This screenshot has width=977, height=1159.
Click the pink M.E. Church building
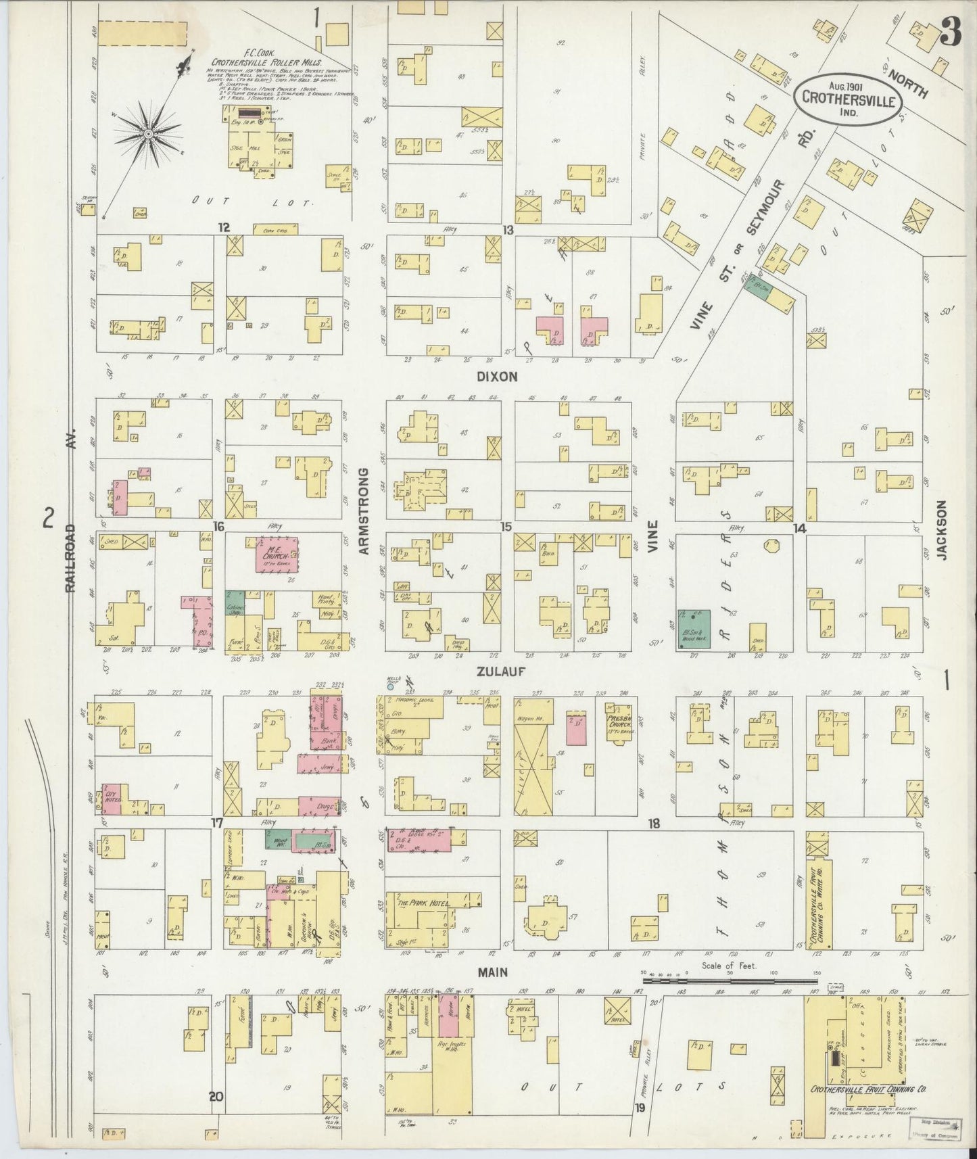277,557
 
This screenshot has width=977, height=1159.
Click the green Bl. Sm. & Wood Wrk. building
694,629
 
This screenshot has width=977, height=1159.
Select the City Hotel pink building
112,798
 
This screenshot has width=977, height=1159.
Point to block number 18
653,824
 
